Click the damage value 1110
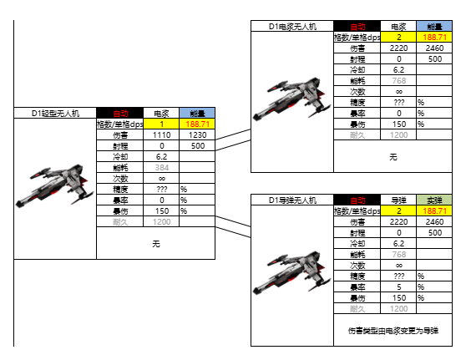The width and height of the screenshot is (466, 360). (x=162, y=134)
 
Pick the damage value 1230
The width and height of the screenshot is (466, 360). (x=197, y=134)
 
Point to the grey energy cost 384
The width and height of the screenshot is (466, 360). (x=162, y=167)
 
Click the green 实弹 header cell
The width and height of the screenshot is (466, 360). (x=434, y=200)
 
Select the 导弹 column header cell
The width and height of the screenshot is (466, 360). (x=398, y=200)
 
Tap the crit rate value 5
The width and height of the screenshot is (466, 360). (x=398, y=287)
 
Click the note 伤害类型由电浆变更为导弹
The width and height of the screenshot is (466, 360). (x=393, y=331)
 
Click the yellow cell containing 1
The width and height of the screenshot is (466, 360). (x=162, y=124)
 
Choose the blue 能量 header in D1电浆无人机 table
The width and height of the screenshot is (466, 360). (x=434, y=27)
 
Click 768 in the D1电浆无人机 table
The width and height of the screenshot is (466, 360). (x=398, y=81)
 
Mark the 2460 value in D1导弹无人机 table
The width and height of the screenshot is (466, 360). (x=434, y=222)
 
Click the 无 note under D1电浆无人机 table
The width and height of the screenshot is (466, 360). (x=393, y=156)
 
